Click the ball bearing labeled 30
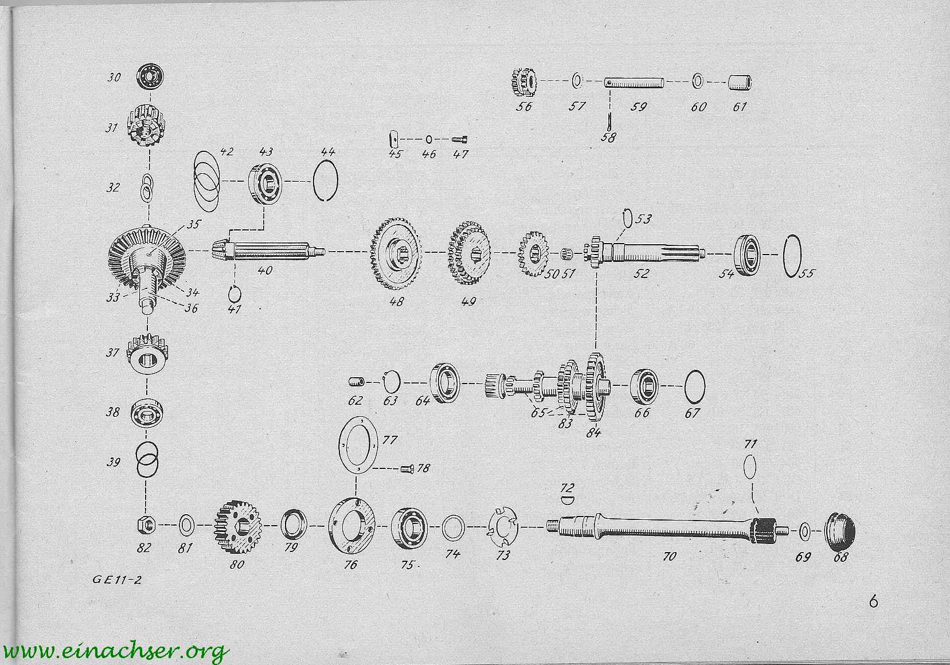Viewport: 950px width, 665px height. [151, 77]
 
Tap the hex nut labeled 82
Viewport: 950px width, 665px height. [146, 525]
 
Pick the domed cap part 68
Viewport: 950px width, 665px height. [839, 531]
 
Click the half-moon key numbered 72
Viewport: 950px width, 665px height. [569, 500]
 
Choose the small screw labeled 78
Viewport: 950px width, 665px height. [406, 468]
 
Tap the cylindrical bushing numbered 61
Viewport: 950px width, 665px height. [740, 83]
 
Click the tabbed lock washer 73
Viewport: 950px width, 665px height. [502, 528]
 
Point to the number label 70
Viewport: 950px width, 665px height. [669, 556]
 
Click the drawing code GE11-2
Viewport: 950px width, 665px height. [116, 580]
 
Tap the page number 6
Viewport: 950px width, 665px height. [873, 602]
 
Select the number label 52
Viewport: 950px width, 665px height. [641, 273]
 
